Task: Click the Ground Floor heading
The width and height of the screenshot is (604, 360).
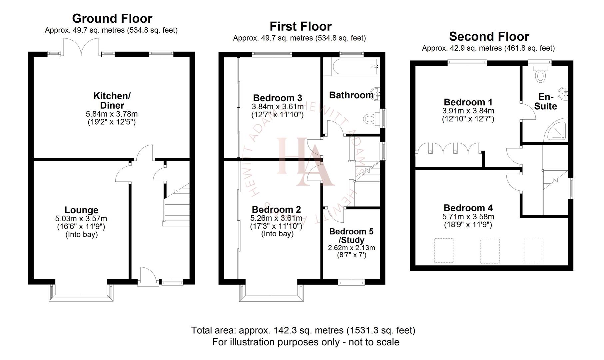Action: coord(112,18)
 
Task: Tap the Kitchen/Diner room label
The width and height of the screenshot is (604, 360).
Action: coord(112,100)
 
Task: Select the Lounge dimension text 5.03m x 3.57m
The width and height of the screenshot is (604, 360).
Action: coord(81,219)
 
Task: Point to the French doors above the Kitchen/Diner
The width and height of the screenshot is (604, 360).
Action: coord(82,47)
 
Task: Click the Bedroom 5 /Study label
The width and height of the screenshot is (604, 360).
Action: coord(351,236)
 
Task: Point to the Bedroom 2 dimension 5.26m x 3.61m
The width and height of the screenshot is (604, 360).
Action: coord(276,218)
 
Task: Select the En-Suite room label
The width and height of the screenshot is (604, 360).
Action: coord(545,102)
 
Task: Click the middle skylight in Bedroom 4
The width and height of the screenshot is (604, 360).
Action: coord(489,251)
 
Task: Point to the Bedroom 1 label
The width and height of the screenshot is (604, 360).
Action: coord(468,102)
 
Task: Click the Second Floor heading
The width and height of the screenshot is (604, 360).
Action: coord(489,36)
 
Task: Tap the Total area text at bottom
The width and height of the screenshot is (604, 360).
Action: coord(303,330)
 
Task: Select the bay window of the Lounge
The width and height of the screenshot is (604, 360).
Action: coord(81,293)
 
